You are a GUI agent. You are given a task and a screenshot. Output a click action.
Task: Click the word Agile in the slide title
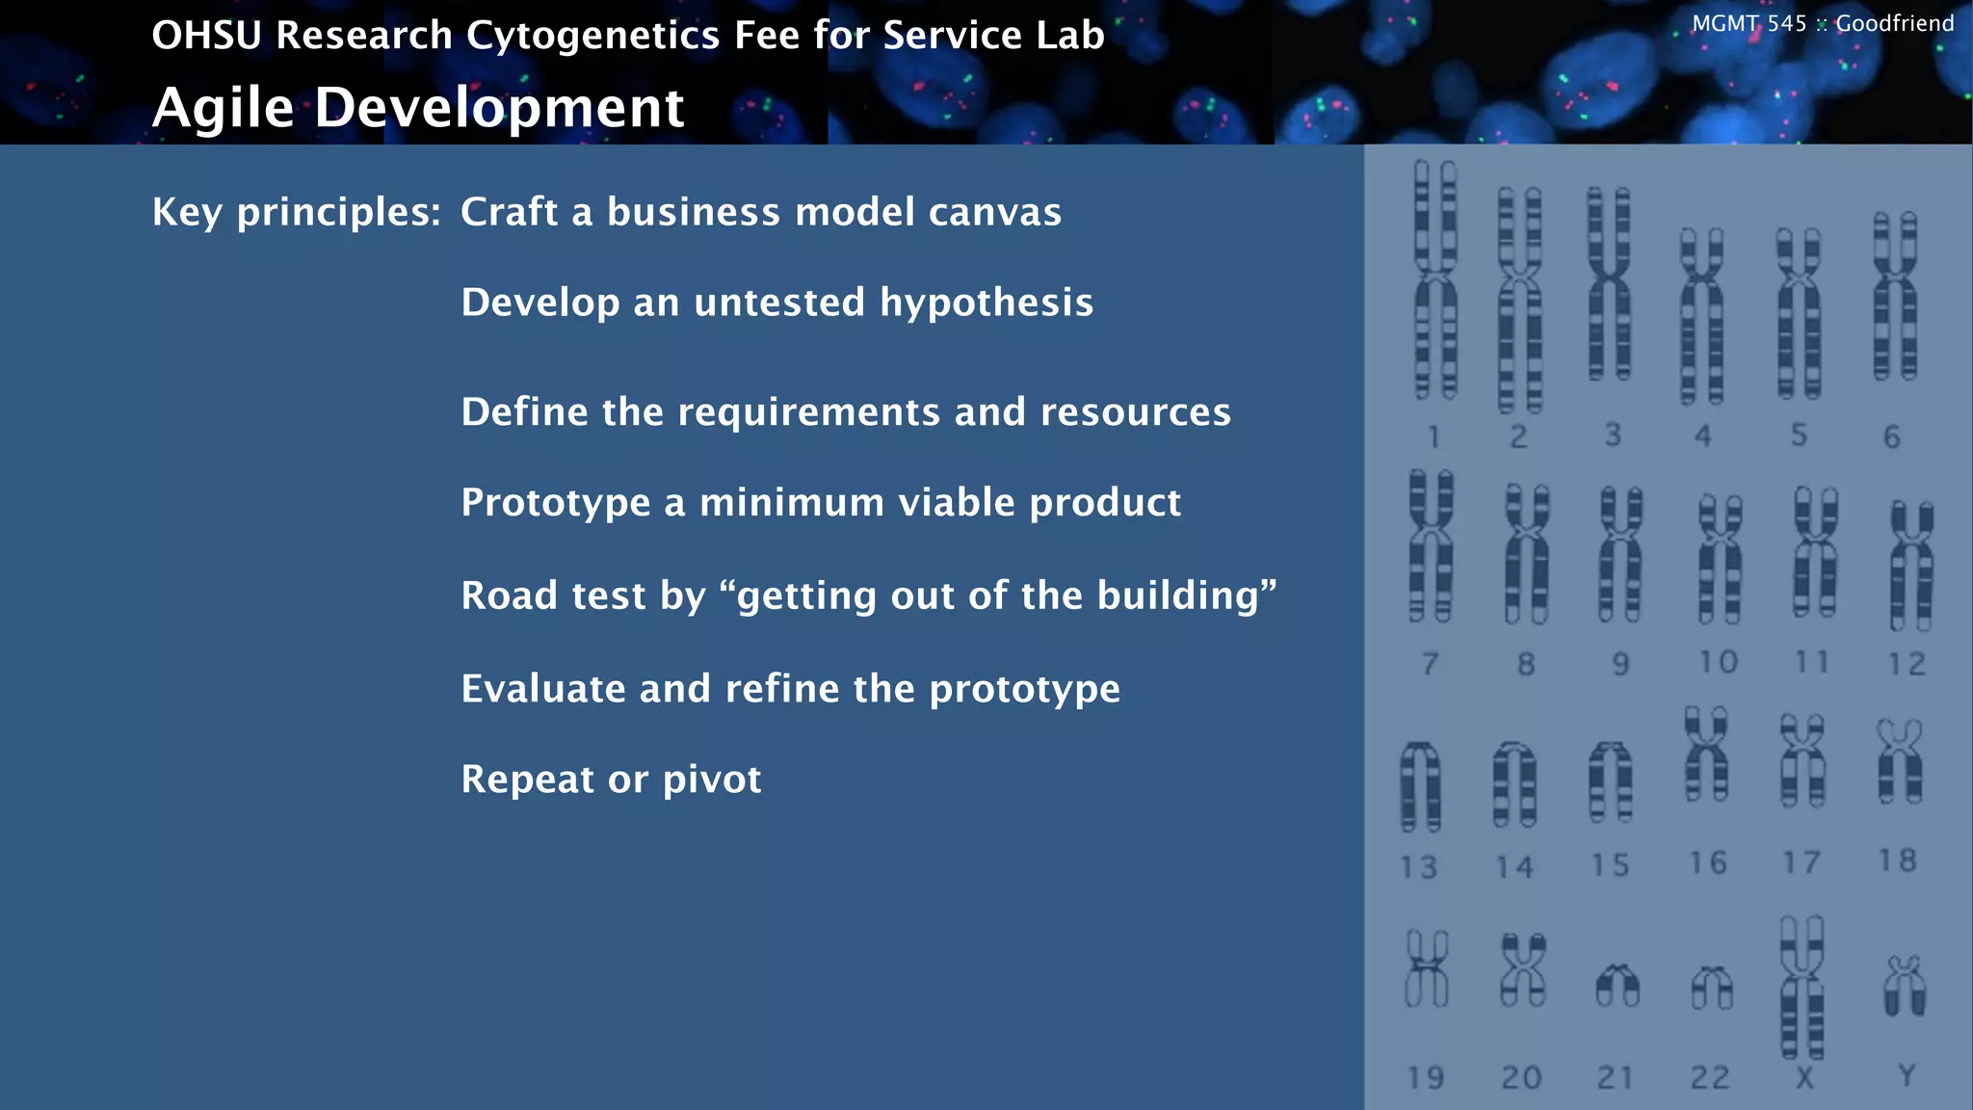(x=223, y=107)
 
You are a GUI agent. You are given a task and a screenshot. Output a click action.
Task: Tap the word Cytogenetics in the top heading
(x=592, y=36)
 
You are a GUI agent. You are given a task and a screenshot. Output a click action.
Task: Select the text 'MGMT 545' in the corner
(x=1749, y=23)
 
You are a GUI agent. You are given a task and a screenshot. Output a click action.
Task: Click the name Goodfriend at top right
(x=1894, y=23)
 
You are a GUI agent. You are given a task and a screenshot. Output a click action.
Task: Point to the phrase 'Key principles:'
(x=297, y=212)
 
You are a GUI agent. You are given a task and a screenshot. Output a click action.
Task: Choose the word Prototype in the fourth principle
(x=556, y=503)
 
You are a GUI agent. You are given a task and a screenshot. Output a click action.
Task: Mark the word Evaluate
(x=543, y=689)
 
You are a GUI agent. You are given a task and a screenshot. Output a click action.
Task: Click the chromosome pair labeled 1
(x=1435, y=279)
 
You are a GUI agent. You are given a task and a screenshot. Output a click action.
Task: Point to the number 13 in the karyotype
(x=1418, y=867)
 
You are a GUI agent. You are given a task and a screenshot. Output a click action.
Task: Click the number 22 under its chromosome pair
(x=1710, y=1076)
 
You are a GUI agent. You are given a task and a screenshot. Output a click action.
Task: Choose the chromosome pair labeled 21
(x=1618, y=986)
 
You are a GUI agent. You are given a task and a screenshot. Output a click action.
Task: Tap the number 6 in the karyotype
(x=1892, y=436)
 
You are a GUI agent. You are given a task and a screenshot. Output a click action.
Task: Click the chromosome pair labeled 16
(x=1706, y=754)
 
